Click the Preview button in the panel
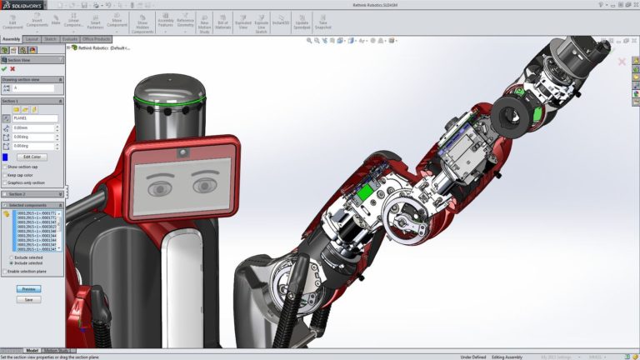coord(28,289)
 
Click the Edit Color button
coord(34,157)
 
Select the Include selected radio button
coord(11,263)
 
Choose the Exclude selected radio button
coord(11,257)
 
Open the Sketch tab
coord(50,39)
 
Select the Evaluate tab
coord(71,39)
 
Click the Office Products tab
coord(97,39)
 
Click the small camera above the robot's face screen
coord(181,153)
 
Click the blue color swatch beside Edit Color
coord(6,157)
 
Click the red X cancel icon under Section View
coord(12,69)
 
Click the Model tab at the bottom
coord(32,351)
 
